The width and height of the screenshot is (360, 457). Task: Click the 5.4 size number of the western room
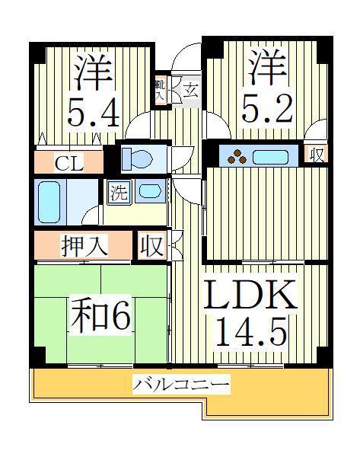93,112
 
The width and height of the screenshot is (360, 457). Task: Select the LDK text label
250,294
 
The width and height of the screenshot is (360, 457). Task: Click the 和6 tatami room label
100,315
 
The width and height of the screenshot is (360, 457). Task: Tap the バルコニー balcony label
181,385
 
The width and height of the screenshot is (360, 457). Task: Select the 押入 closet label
84,246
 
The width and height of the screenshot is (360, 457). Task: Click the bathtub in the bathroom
49,202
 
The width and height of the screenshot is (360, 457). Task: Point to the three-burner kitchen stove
237,156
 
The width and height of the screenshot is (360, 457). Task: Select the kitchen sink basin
271,157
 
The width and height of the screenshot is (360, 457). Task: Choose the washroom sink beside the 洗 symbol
150,191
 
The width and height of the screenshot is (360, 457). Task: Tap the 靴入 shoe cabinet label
160,90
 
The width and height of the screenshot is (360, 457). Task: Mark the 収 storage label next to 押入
151,246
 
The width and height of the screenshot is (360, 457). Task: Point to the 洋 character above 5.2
267,67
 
